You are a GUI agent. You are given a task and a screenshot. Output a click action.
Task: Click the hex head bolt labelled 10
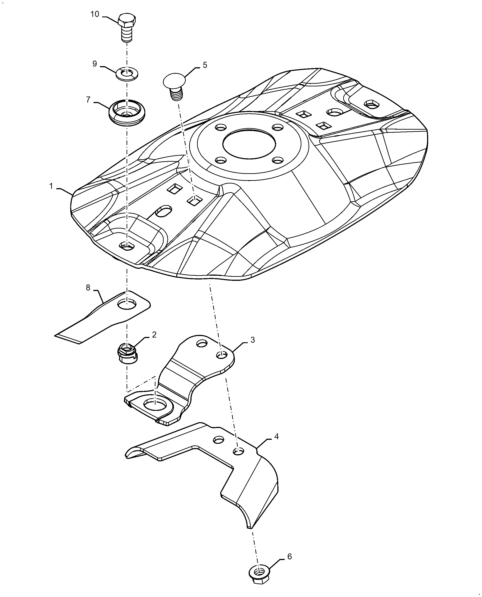[x=127, y=27]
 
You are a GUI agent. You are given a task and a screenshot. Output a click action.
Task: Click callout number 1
[x=51, y=186]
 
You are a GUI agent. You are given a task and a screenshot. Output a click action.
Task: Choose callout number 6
[x=289, y=557]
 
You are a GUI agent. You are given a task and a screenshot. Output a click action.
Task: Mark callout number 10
[x=95, y=14]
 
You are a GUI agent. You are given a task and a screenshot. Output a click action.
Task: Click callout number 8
[x=88, y=288]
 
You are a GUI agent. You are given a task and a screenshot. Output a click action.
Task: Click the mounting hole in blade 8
[x=127, y=305]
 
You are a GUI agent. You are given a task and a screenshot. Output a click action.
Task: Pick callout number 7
[x=88, y=100]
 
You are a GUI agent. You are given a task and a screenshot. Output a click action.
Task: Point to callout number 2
[x=154, y=335]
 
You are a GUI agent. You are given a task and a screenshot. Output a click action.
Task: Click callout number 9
[x=95, y=64]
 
